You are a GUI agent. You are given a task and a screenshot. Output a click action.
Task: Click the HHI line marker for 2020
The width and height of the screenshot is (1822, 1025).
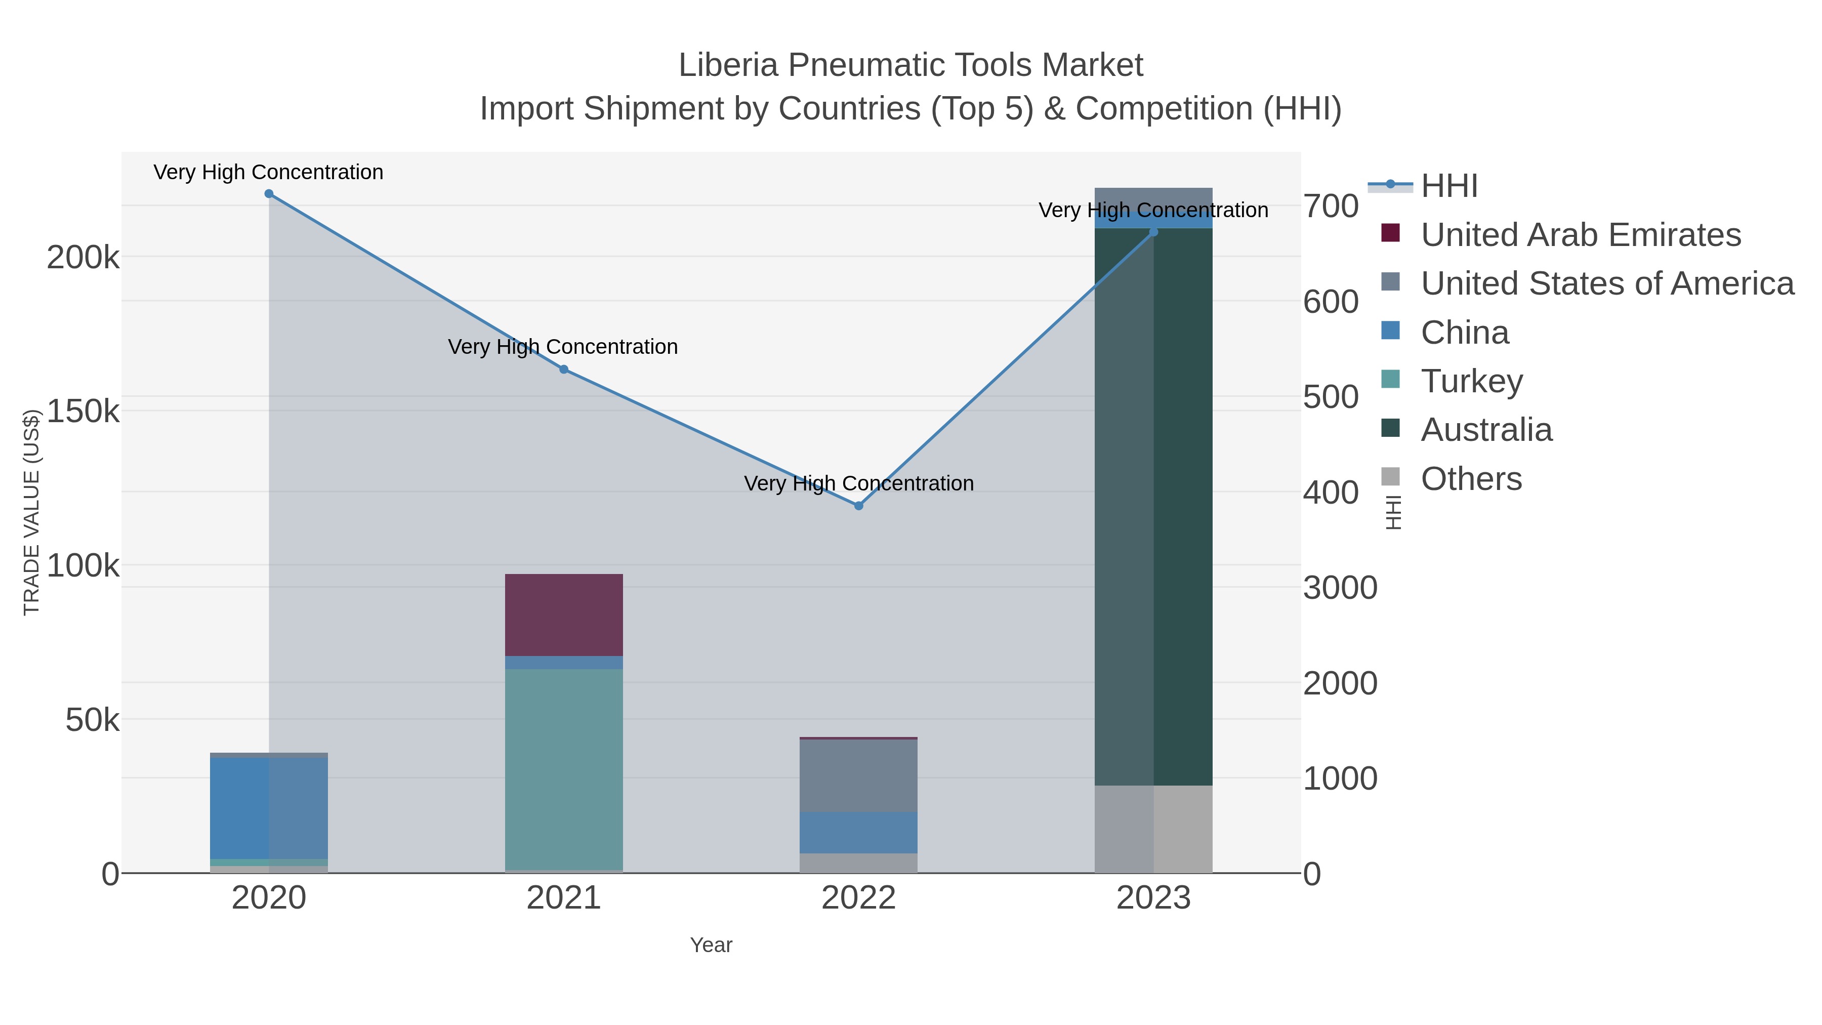click(x=269, y=194)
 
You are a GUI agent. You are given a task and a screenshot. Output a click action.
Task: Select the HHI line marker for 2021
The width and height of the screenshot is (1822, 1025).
click(x=564, y=370)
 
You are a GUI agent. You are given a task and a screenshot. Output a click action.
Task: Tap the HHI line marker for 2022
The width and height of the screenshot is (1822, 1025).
click(x=859, y=506)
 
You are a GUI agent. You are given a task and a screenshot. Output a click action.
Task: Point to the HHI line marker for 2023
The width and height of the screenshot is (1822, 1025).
click(x=1153, y=232)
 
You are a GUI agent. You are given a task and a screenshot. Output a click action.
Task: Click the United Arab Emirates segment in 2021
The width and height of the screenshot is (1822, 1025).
click(x=564, y=614)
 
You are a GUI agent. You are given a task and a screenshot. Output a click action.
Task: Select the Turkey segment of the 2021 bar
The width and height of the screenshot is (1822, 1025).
click(x=564, y=769)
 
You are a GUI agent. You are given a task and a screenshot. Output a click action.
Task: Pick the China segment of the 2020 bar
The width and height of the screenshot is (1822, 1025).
click(x=269, y=808)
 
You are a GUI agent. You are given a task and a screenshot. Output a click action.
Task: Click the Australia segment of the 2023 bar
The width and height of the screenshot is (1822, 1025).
click(x=1153, y=507)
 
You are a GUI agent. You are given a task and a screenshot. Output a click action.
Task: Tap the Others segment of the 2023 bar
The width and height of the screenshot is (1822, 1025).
click(x=1153, y=829)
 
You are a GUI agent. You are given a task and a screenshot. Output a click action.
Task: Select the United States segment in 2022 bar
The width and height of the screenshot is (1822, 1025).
click(x=859, y=775)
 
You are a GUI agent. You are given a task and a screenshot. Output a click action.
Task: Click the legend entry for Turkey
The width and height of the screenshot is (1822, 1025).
click(x=1471, y=381)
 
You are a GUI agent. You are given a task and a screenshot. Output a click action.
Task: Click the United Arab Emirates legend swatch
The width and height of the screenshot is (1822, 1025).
click(x=1391, y=233)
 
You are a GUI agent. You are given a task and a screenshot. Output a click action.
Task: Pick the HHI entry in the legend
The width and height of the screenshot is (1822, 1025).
click(x=1448, y=186)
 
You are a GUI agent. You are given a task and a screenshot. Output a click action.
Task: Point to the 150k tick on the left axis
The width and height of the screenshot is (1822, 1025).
click(x=83, y=411)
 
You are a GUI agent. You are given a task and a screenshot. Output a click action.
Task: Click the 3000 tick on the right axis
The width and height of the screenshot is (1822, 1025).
click(x=1340, y=588)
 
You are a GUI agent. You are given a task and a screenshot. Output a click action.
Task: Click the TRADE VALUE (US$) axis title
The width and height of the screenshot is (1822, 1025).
click(x=32, y=512)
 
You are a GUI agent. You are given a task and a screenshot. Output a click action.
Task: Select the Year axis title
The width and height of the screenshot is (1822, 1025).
click(x=711, y=945)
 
